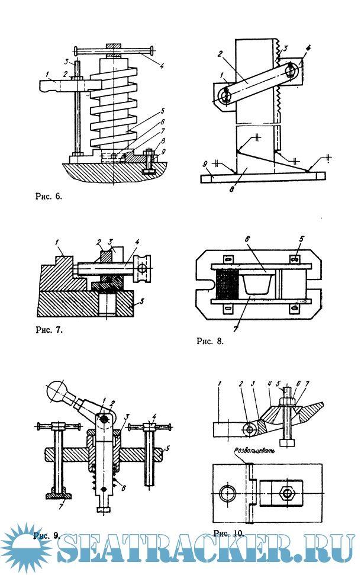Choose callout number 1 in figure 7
pos(59,242)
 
